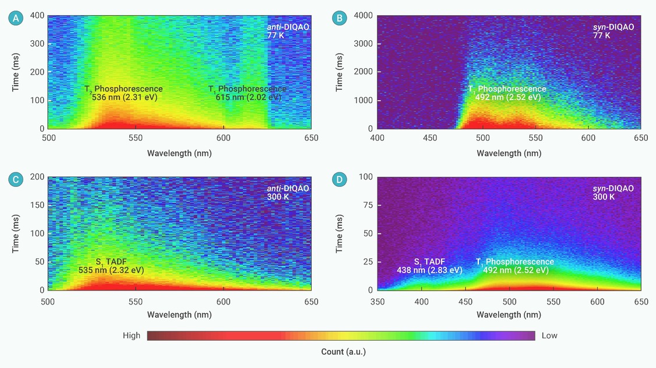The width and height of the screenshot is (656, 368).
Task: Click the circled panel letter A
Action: pyautogui.click(x=16, y=18)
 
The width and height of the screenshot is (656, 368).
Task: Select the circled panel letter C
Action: pyautogui.click(x=16, y=179)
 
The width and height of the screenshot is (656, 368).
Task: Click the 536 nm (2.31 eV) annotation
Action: pyautogui.click(x=125, y=97)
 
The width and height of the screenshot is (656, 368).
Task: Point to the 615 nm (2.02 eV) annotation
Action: pyautogui.click(x=248, y=97)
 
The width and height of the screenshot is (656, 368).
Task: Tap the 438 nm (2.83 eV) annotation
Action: pyautogui.click(x=429, y=270)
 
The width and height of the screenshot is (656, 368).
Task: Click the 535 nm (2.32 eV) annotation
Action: pyautogui.click(x=111, y=270)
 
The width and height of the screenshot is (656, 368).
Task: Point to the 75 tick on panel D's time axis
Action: pyautogui.click(x=368, y=205)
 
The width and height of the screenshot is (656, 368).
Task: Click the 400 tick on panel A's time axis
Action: pyautogui.click(x=37, y=16)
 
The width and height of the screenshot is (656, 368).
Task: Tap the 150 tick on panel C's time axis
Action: pyautogui.click(x=37, y=205)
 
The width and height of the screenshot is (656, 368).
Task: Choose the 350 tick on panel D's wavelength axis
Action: pyautogui.click(x=378, y=302)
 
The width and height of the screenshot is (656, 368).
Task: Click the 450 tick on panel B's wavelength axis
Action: pyautogui.click(x=430, y=138)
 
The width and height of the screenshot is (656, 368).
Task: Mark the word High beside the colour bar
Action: pyautogui.click(x=132, y=335)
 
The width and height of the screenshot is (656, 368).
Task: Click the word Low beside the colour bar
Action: pyautogui.click(x=549, y=335)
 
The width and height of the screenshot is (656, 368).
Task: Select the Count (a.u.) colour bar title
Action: pyautogui.click(x=343, y=352)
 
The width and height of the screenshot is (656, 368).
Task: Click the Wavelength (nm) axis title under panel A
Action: pyautogui.click(x=179, y=153)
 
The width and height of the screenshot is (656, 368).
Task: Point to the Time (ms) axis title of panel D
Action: pyautogui.click(x=340, y=233)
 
